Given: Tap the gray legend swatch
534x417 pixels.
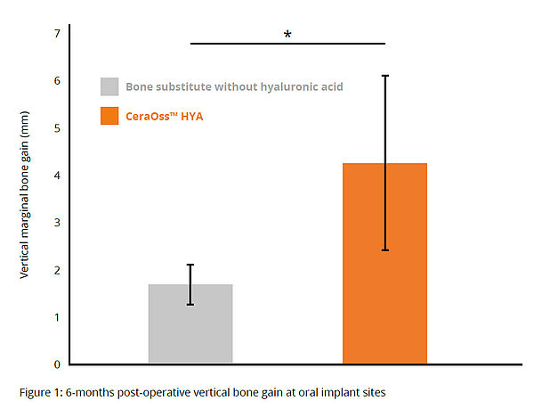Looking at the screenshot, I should (x=109, y=86).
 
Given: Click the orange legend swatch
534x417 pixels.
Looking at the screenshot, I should (x=109, y=115).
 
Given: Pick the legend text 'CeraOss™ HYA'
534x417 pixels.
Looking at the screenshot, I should (x=165, y=115).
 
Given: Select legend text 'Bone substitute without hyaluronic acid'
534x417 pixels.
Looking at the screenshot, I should (x=234, y=86).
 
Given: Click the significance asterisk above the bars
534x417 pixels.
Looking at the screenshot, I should (x=287, y=35).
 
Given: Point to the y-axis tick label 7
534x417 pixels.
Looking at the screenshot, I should (x=57, y=34).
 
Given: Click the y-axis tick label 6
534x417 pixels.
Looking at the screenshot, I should (x=57, y=81).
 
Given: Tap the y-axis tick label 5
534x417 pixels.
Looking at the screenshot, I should (x=57, y=128).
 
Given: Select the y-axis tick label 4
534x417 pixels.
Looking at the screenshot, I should (x=57, y=176).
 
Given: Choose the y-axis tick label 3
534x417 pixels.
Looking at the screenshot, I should (x=57, y=223).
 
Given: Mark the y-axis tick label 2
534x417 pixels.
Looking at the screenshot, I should (x=57, y=270).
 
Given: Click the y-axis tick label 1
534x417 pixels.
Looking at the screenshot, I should (x=57, y=317).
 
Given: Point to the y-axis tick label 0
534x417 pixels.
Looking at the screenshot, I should (x=57, y=364).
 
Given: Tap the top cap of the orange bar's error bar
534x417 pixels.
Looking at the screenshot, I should (x=384, y=77).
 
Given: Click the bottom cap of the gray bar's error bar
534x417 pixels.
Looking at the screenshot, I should (x=190, y=305).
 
